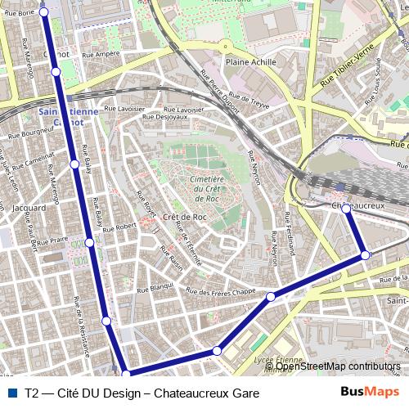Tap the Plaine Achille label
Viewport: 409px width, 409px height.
(248, 61)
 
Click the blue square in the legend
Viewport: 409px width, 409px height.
(12, 393)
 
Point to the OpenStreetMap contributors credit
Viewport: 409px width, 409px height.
(337, 366)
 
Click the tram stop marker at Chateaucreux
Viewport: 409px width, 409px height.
(346, 209)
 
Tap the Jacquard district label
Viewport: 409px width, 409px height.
(29, 208)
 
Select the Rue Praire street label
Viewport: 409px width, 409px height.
(52, 240)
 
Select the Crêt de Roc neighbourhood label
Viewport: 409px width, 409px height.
(184, 217)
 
